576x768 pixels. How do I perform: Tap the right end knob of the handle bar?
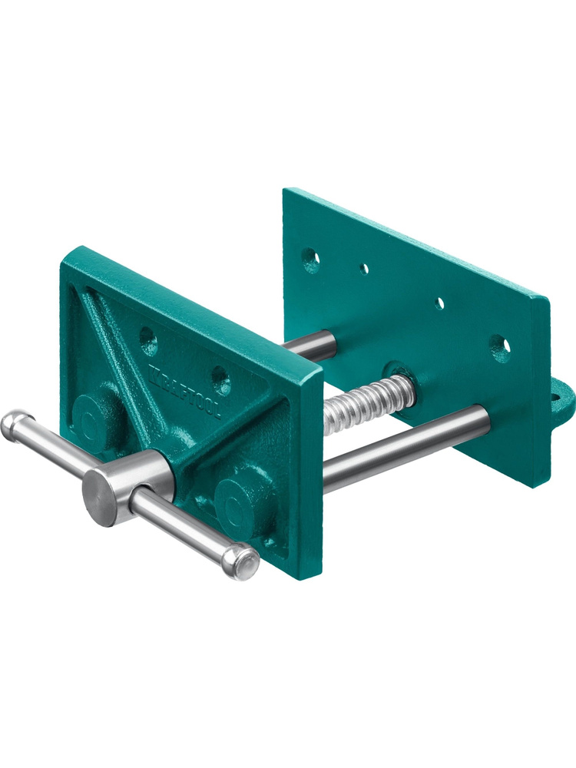pos(240,561)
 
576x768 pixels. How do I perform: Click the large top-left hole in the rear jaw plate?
pos(310,260)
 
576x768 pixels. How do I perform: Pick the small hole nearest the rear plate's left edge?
pos(363,268)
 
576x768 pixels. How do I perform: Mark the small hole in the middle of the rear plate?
pos(439,303)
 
